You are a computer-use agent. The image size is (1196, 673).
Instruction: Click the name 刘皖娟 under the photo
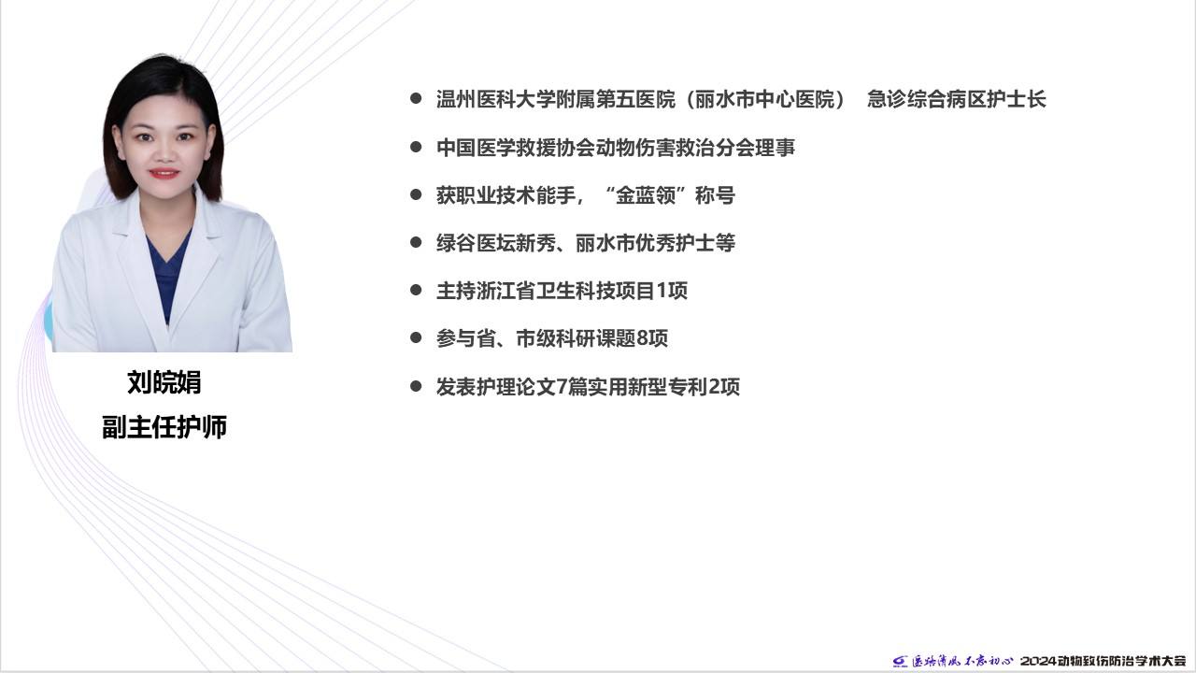click(x=164, y=382)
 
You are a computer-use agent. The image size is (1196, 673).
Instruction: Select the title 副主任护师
click(x=164, y=427)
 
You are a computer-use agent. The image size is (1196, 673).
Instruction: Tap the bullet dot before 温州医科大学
click(x=416, y=98)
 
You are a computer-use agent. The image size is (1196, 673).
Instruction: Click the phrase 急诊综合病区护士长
click(x=956, y=99)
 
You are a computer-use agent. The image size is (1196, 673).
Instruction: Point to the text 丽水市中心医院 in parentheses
click(x=765, y=99)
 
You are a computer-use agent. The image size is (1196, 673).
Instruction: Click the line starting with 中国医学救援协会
click(x=616, y=148)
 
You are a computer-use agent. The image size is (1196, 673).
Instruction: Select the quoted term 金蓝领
click(x=646, y=195)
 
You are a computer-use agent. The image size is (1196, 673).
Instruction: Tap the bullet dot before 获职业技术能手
click(x=416, y=194)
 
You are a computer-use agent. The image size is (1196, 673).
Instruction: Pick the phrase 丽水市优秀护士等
click(x=656, y=243)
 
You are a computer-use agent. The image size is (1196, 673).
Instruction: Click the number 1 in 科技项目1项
click(x=662, y=291)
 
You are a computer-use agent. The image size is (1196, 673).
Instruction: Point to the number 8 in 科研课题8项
click(x=642, y=338)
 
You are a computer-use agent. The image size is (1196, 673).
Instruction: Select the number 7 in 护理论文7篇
click(x=562, y=387)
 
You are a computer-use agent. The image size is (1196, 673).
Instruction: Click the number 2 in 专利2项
click(x=715, y=387)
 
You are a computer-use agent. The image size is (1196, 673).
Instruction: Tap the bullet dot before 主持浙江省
click(x=416, y=290)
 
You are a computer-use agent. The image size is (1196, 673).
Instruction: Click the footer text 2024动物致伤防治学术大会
click(x=1103, y=661)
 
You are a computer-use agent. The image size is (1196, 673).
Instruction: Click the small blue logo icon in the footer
click(x=900, y=662)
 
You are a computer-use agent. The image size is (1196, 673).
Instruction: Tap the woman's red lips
click(x=164, y=173)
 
